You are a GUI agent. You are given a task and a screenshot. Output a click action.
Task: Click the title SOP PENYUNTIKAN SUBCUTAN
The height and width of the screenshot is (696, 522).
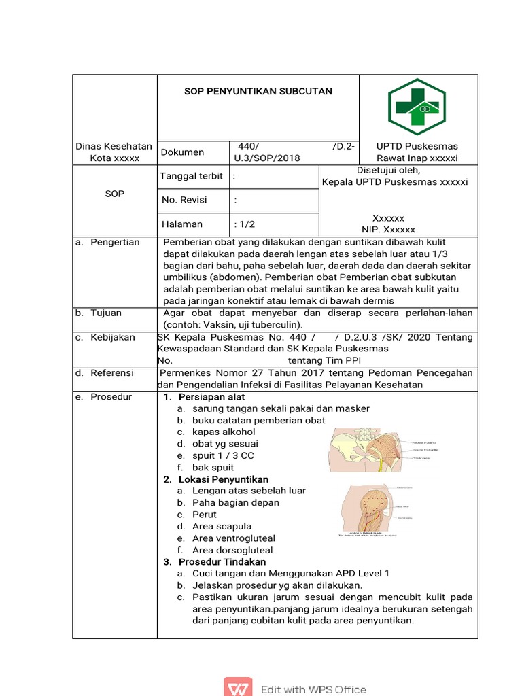(x=258, y=91)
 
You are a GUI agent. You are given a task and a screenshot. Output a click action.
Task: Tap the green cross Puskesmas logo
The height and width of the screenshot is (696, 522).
(x=417, y=107)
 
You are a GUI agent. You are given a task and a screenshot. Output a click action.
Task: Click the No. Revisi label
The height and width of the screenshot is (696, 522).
(x=184, y=200)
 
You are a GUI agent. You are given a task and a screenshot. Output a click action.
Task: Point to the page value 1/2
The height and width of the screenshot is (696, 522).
(x=245, y=224)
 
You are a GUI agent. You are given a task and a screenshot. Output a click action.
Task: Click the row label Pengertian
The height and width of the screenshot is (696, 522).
(x=115, y=242)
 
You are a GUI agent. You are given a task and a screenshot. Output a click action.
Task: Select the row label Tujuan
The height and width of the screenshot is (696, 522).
(x=106, y=313)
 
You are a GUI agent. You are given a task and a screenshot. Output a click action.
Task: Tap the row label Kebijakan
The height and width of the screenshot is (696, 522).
(x=113, y=337)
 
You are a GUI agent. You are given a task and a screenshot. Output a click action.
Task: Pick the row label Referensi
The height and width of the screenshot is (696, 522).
(x=112, y=373)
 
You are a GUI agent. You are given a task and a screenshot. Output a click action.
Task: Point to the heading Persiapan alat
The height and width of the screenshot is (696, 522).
(x=211, y=397)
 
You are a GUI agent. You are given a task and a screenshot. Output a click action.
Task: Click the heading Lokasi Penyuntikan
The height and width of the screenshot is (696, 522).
(x=223, y=479)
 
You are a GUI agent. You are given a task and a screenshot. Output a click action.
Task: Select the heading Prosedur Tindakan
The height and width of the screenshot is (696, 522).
(x=222, y=562)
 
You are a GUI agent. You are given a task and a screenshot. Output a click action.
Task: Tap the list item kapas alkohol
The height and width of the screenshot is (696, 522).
(x=224, y=432)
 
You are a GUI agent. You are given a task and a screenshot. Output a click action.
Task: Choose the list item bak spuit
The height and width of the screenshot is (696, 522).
(x=213, y=468)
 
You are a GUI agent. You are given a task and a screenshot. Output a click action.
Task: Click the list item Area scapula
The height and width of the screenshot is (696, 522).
(x=222, y=526)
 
